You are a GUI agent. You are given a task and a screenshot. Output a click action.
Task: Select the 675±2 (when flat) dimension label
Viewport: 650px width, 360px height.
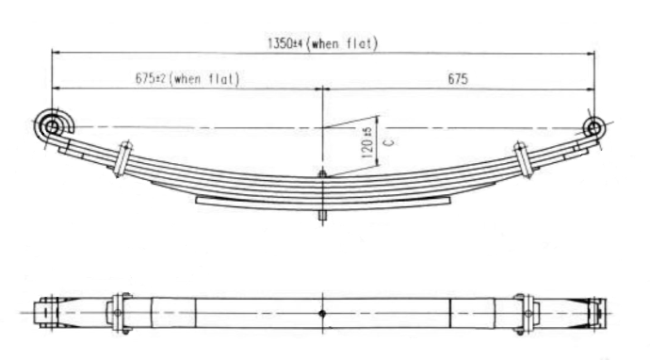pyautogui.click(x=186, y=78)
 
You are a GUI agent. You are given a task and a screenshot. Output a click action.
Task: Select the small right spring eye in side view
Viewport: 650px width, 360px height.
pyautogui.click(x=593, y=127)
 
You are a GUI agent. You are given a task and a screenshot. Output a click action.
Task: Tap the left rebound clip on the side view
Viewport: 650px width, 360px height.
pyautogui.click(x=122, y=157)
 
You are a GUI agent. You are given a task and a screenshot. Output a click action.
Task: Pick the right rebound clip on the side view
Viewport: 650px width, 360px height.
pyautogui.click(x=524, y=159)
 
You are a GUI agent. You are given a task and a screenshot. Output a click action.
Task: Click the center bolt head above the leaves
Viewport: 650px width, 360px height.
pyautogui.click(x=322, y=172)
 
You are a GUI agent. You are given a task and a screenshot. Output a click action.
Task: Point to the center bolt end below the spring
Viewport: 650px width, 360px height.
pyautogui.click(x=322, y=215)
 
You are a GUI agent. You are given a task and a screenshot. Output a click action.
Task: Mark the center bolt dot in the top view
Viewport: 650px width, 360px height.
pyautogui.click(x=322, y=313)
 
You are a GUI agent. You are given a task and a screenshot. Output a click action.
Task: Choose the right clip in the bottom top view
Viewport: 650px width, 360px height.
pyautogui.click(x=525, y=313)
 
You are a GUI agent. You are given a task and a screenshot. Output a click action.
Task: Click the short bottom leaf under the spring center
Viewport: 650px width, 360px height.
pyautogui.click(x=322, y=201)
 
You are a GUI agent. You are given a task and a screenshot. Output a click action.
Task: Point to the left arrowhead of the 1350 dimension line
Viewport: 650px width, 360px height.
pyautogui.click(x=56, y=53)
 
